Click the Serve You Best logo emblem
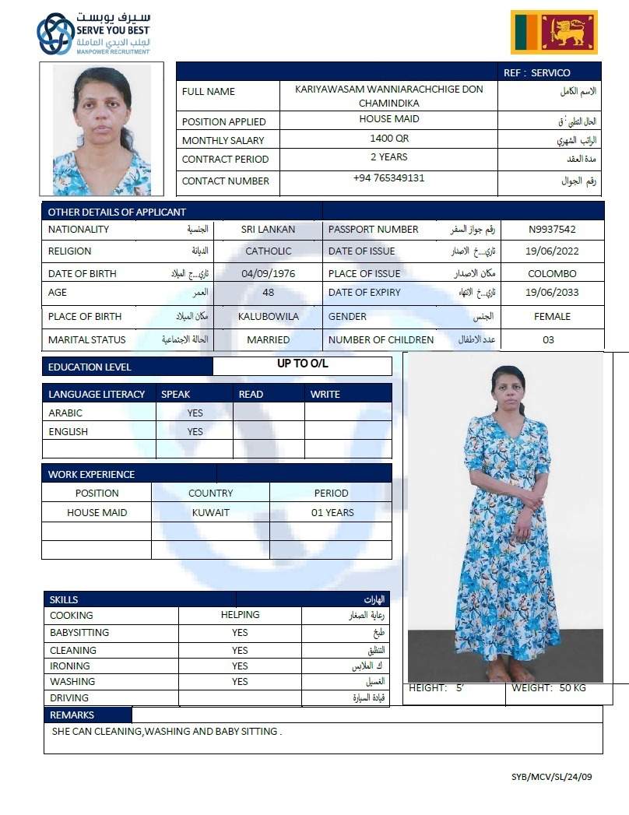click(55, 33)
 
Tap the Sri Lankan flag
click(553, 32)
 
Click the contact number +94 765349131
click(388, 178)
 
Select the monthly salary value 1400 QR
click(388, 139)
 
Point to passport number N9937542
click(552, 230)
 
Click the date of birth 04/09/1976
click(268, 274)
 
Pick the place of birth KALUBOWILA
click(268, 317)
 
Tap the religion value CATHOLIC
click(268, 251)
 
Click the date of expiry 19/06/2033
click(552, 293)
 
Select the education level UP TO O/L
click(302, 364)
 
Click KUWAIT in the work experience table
click(210, 513)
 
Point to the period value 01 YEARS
click(332, 513)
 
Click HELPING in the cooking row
click(240, 615)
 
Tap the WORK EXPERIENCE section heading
click(91, 474)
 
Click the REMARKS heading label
click(72, 715)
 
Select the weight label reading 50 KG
click(549, 688)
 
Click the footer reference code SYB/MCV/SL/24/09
click(551, 777)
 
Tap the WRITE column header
click(325, 395)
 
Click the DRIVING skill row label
click(69, 698)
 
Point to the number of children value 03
click(548, 340)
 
